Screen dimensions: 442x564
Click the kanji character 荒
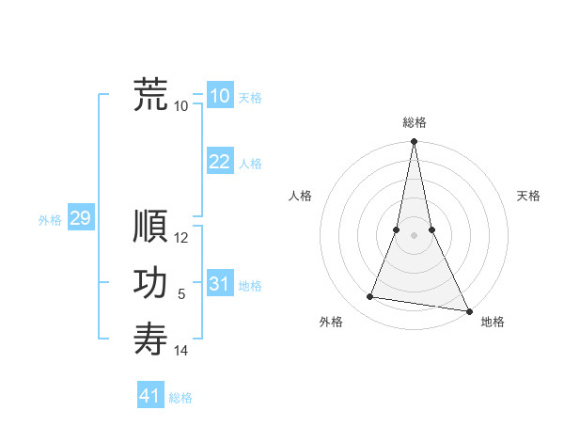[x=150, y=96]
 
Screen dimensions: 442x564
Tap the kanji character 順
[x=150, y=228]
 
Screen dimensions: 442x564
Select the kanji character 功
[x=150, y=284]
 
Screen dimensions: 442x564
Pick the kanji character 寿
[x=150, y=339]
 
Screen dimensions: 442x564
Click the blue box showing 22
[x=220, y=162]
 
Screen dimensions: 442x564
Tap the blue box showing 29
[x=80, y=218]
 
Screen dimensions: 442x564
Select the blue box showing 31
[x=220, y=284]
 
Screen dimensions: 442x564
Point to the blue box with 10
[x=220, y=96]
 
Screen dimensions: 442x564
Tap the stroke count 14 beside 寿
[x=181, y=352]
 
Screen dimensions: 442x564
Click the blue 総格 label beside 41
[x=180, y=398]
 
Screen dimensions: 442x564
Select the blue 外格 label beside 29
[x=50, y=220]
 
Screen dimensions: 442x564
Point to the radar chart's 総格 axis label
[x=414, y=122]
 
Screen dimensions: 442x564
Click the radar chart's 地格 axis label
[x=493, y=322]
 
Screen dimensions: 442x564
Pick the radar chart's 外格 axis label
[x=331, y=322]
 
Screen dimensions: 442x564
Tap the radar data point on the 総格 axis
[x=414, y=142]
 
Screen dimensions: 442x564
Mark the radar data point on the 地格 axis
[x=468, y=310]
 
